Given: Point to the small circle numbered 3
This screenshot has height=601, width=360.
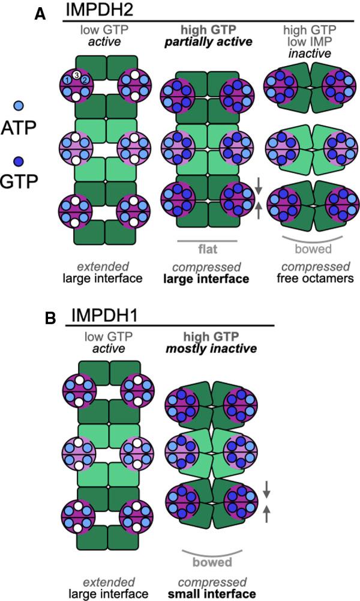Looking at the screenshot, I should [x=77, y=74].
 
